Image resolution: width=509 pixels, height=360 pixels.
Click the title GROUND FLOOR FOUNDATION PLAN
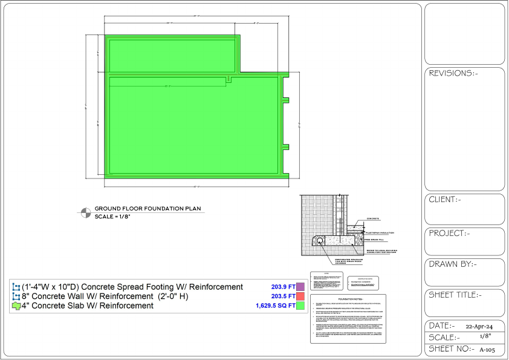pos(148,209)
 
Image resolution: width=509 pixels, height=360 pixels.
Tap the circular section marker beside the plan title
pos(86,212)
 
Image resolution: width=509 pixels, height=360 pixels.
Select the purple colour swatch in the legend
pos(300,287)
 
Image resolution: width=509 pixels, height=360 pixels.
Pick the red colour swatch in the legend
pos(300,296)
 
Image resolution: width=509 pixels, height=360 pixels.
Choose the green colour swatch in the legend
pos(300,306)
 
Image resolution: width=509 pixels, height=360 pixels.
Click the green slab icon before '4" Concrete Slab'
pos(16,306)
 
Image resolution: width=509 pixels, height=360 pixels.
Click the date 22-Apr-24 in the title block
pos(475,326)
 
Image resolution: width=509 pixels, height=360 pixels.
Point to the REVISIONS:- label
pos(453,73)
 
